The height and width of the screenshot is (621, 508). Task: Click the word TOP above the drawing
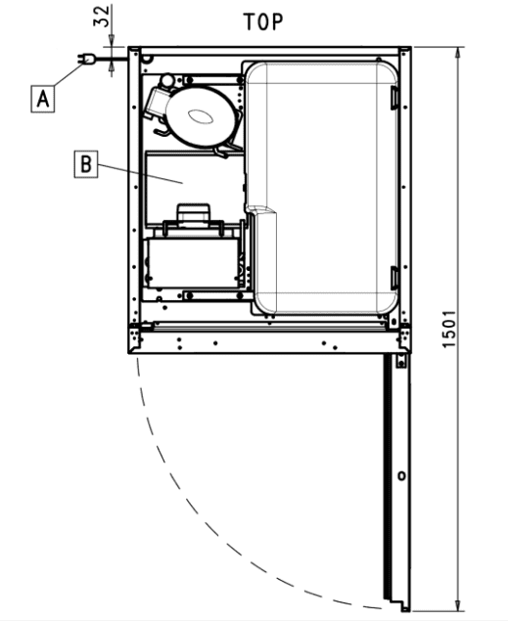(263, 22)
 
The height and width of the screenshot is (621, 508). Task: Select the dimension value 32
(102, 17)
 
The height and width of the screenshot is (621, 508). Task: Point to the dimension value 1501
(448, 330)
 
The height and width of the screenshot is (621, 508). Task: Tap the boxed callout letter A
(43, 99)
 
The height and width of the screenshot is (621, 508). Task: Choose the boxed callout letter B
(86, 164)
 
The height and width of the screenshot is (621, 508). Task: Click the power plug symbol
(86, 60)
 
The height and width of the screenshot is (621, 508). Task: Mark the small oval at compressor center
(201, 116)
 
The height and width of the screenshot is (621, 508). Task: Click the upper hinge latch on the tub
(394, 98)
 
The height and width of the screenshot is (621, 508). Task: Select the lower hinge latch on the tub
(394, 278)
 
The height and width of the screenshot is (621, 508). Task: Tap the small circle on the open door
(402, 475)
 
